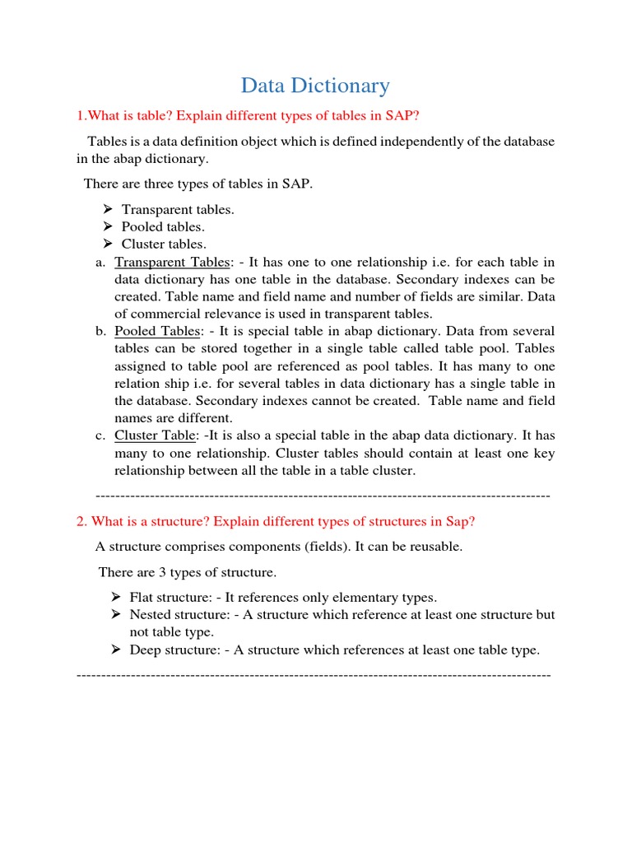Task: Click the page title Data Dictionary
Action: (315, 85)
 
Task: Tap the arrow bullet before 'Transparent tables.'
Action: (108, 209)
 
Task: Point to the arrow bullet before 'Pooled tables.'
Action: (108, 226)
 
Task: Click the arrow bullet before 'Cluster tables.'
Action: (108, 244)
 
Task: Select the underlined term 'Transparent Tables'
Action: (172, 262)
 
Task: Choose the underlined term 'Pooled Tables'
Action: (157, 331)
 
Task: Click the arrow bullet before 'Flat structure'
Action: (116, 597)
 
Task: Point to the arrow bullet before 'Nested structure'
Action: (116, 614)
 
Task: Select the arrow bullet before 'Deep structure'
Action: (116, 650)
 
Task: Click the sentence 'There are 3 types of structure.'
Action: (188, 571)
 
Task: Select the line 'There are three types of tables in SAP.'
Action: (198, 184)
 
